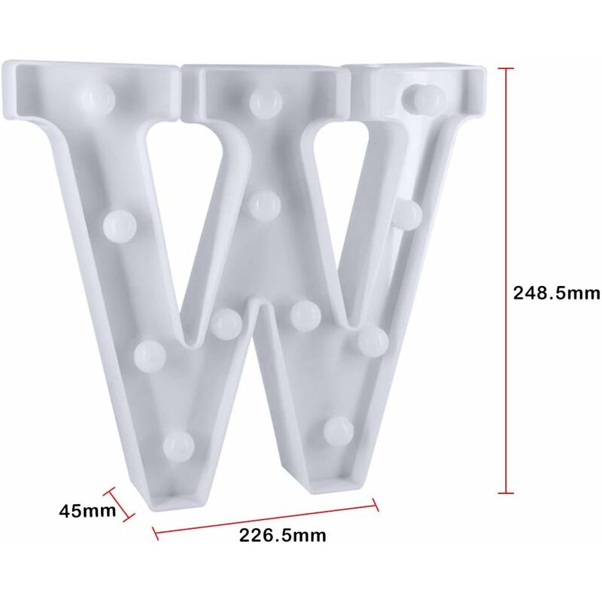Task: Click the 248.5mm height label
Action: (x=557, y=293)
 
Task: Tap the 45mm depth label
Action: (x=87, y=511)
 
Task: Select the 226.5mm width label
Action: (x=283, y=535)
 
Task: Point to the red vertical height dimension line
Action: (x=506, y=280)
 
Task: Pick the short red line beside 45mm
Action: (x=119, y=504)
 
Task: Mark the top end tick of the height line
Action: (x=506, y=68)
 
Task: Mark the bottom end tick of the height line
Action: (x=506, y=493)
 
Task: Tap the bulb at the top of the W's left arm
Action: (x=99, y=99)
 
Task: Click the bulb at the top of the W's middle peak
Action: (x=266, y=102)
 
